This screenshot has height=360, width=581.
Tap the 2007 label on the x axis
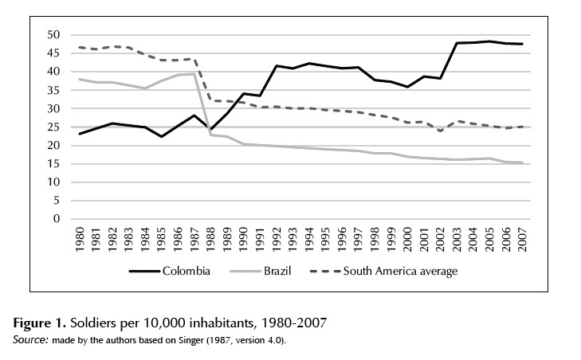pos(522,238)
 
